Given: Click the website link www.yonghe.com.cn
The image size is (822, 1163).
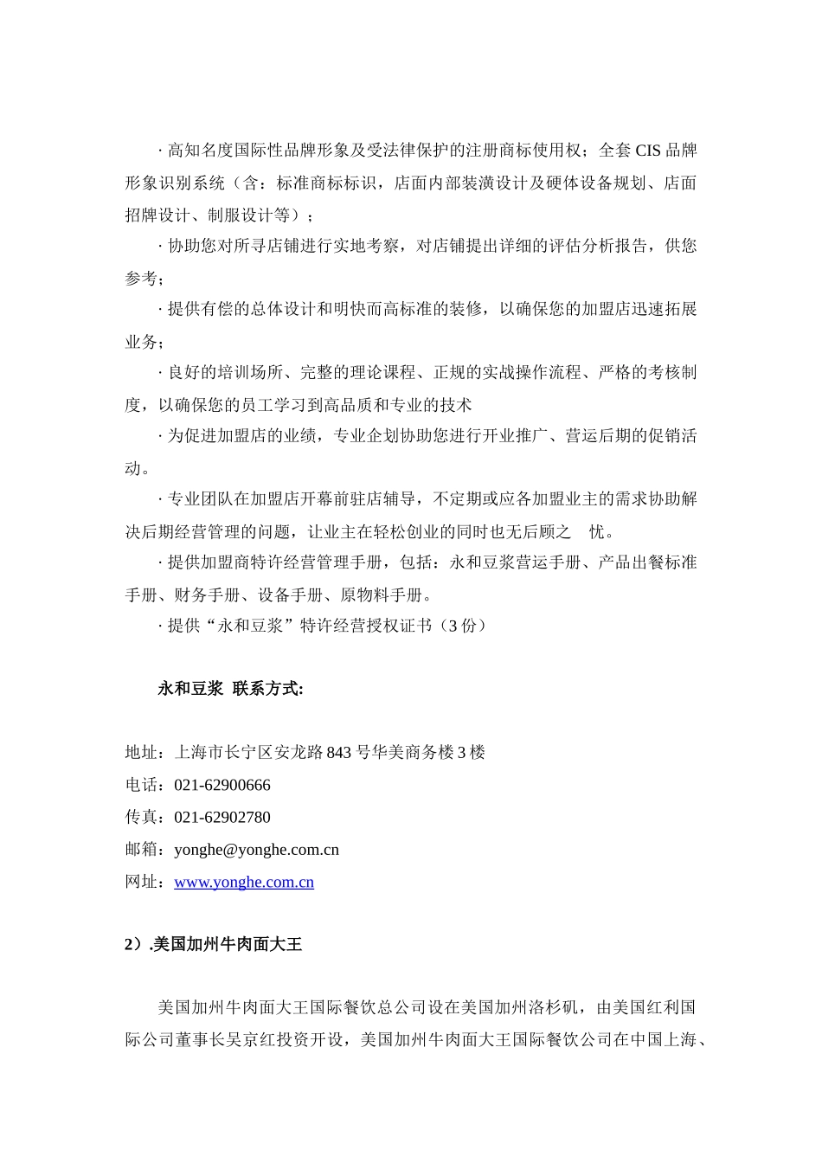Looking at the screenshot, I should [244, 882].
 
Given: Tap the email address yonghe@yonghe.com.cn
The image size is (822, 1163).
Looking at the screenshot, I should [256, 850].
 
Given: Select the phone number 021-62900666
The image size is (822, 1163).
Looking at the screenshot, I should [222, 786].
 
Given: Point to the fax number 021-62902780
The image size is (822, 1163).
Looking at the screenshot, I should [222, 818].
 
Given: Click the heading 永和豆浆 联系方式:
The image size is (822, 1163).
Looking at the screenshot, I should [230, 690].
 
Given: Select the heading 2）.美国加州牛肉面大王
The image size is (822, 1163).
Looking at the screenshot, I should [214, 945].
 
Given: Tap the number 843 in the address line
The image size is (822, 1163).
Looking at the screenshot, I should [339, 753].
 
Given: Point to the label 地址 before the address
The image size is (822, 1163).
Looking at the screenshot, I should [142, 753].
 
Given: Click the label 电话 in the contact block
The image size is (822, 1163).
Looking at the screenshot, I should [142, 786].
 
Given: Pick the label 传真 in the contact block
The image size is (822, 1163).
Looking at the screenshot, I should [142, 818].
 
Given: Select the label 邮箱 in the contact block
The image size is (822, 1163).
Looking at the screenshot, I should [142, 850].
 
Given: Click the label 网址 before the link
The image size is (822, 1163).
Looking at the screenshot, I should [142, 882].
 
